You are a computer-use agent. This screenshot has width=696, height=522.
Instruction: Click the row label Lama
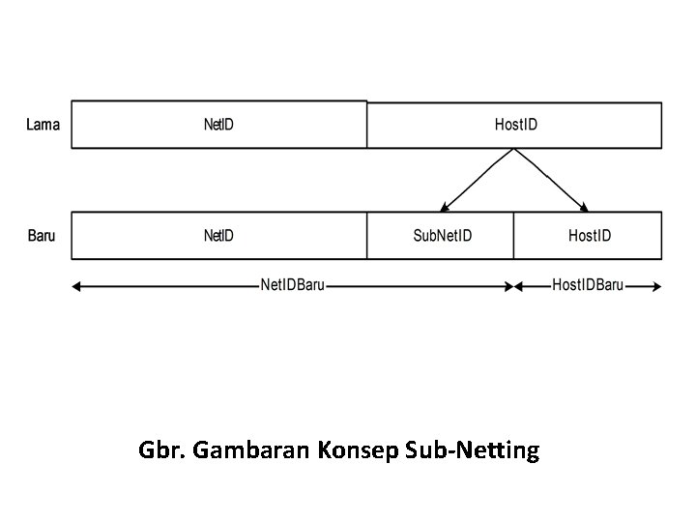(x=43, y=125)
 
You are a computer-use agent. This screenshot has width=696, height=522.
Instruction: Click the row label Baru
(x=42, y=236)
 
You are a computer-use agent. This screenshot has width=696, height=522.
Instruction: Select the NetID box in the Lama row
(x=218, y=125)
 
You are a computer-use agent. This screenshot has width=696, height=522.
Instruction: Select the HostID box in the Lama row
(x=515, y=125)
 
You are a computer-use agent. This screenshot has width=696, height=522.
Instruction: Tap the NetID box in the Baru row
(x=218, y=236)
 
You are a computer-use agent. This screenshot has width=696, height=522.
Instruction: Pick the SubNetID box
(x=442, y=236)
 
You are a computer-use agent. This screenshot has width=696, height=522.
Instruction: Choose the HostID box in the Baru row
(x=589, y=236)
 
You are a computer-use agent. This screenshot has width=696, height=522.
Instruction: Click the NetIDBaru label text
(x=292, y=285)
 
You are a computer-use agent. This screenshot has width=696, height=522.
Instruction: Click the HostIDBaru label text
(x=588, y=285)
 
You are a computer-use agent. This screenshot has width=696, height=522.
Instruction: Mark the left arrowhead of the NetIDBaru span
(x=76, y=286)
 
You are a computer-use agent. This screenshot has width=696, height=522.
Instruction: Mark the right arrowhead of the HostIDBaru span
(x=658, y=286)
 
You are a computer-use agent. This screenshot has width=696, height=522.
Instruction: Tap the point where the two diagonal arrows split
(x=514, y=150)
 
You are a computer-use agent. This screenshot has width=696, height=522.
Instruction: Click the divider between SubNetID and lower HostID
(x=513, y=236)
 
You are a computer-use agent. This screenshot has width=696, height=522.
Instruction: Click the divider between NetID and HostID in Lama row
(x=367, y=125)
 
